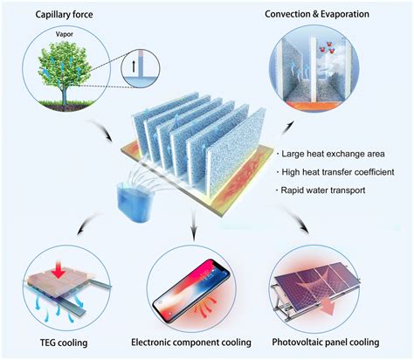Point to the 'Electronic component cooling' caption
click(x=203, y=343)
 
